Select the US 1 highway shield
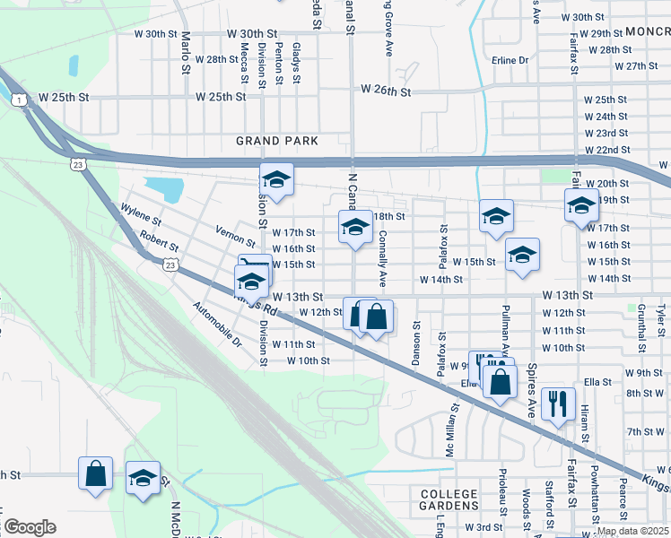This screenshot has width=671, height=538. (19, 100)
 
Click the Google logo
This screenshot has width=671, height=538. (30, 527)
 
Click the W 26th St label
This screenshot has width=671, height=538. (386, 91)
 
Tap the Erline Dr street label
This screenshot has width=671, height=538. (510, 60)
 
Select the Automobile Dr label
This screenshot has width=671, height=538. (218, 324)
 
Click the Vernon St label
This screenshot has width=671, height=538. (236, 236)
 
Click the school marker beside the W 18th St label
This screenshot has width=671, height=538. (355, 228)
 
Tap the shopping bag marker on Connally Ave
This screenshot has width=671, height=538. (378, 317)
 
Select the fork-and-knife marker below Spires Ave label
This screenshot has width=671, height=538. (558, 404)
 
